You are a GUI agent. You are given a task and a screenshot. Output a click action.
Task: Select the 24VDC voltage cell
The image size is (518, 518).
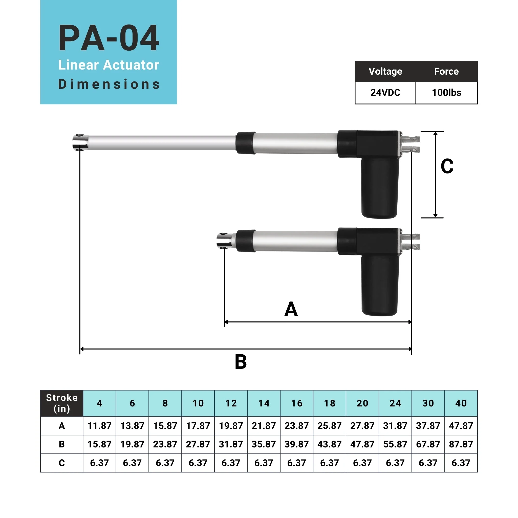(x=385, y=93)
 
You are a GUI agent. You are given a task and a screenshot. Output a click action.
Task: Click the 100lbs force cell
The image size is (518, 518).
(x=446, y=93)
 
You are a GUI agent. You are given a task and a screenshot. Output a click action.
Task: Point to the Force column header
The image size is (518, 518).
(x=446, y=71)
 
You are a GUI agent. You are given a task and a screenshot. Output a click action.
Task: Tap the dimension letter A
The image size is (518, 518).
(x=291, y=309)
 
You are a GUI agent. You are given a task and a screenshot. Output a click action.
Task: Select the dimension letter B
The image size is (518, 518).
(x=241, y=362)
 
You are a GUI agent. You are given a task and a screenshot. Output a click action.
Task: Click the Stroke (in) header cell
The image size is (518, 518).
(x=62, y=403)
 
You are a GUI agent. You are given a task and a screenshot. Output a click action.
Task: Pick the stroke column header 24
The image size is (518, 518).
(x=395, y=403)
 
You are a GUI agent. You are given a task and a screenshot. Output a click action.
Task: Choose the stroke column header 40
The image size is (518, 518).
(x=461, y=403)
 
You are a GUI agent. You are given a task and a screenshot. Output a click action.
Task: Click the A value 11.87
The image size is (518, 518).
(x=99, y=426)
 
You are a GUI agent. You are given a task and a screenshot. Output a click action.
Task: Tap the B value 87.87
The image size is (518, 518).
(x=461, y=444)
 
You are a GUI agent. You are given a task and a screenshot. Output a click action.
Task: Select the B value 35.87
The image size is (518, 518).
(x=264, y=444)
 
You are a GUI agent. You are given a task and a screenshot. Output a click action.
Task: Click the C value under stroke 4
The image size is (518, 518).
(x=99, y=463)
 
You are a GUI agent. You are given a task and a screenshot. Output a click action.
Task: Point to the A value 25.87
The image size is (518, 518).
(x=329, y=426)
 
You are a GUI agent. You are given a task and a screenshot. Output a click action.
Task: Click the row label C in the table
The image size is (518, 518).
(x=62, y=463)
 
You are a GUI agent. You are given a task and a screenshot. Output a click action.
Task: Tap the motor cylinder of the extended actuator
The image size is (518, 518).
(x=380, y=188)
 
